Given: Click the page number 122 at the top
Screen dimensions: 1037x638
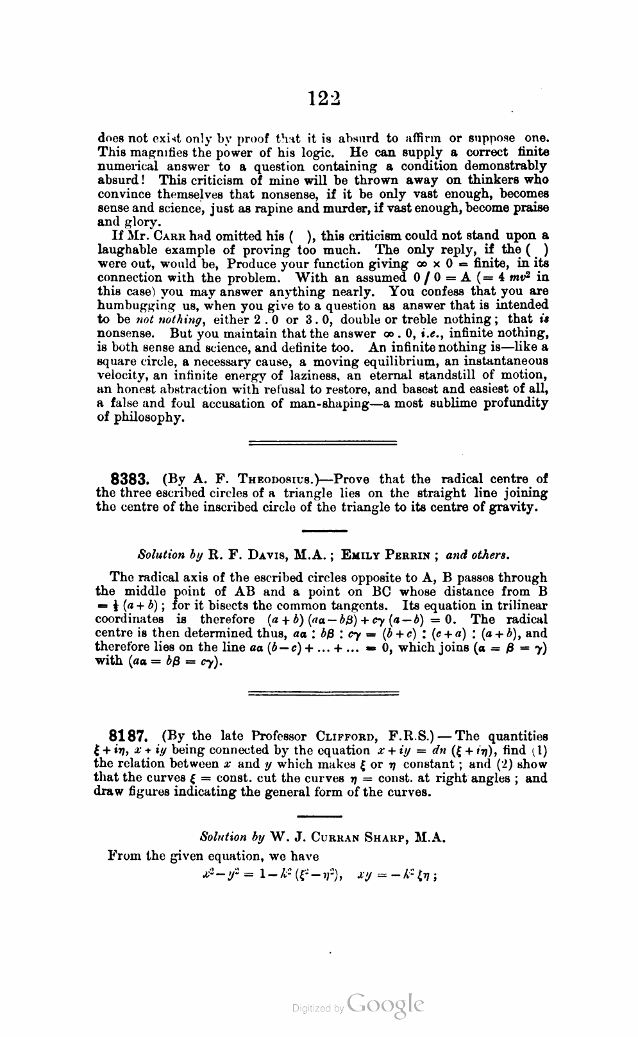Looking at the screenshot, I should pyautogui.click(x=323, y=98).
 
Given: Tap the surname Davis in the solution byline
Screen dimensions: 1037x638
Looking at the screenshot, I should pyautogui.click(x=270, y=553).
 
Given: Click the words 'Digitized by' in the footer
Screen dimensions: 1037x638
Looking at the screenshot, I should pyautogui.click(x=317, y=1009).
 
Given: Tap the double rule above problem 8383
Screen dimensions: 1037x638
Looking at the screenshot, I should pyautogui.click(x=322, y=442).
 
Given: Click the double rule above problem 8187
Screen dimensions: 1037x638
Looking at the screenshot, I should pyautogui.click(x=323, y=692).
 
